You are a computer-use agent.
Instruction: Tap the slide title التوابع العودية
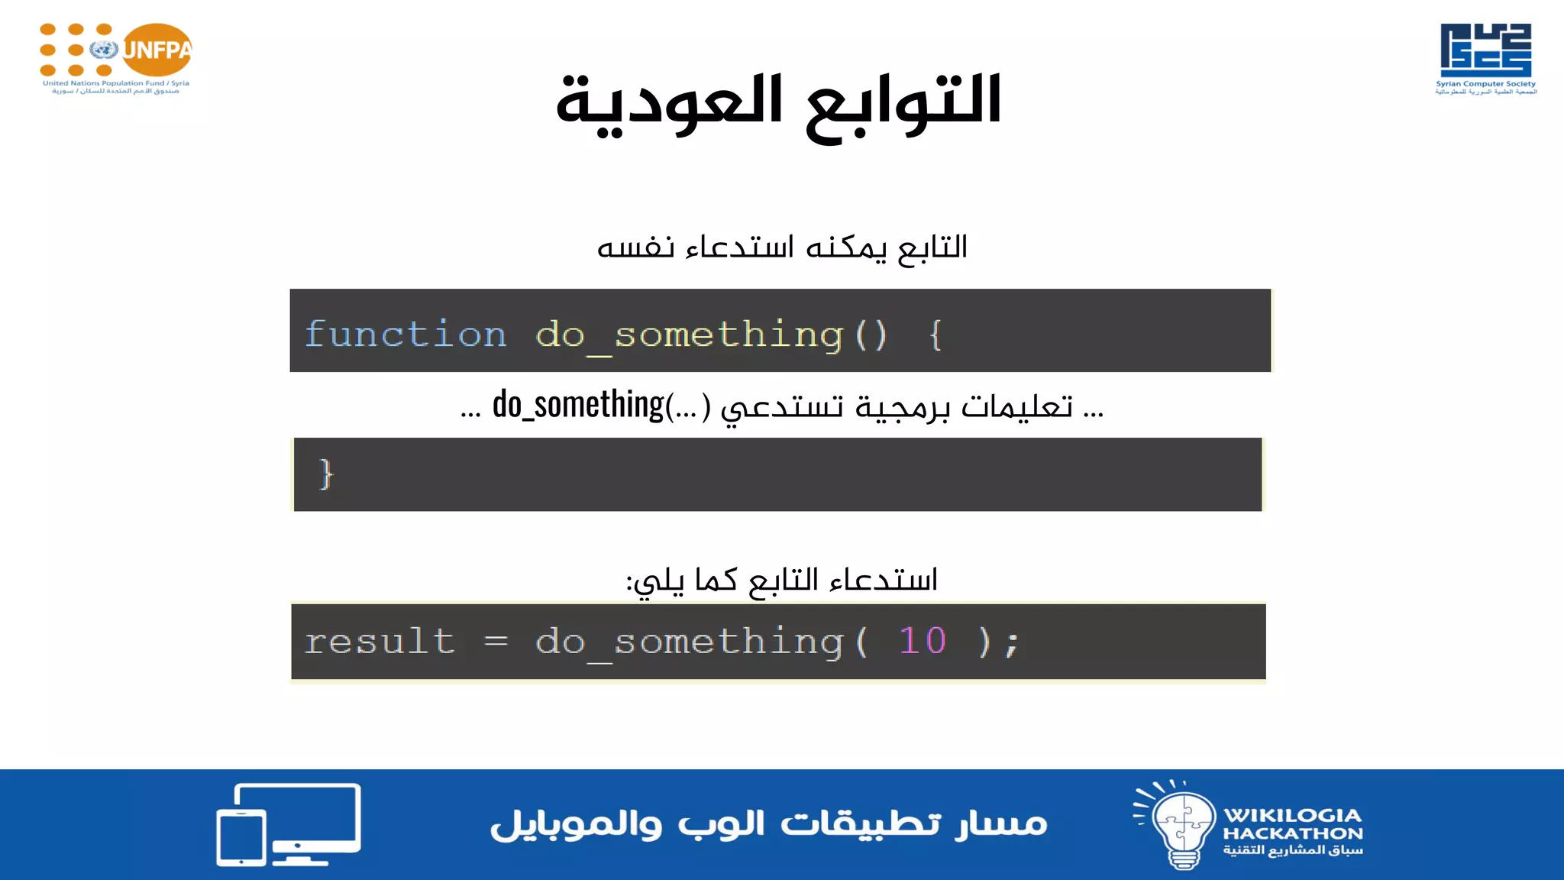pyautogui.click(x=778, y=103)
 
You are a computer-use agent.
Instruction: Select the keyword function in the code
pyautogui.click(x=406, y=335)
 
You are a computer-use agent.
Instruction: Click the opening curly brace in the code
pyautogui.click(x=935, y=335)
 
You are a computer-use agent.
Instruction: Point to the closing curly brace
pyautogui.click(x=326, y=474)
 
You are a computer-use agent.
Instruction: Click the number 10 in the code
pyautogui.click(x=923, y=640)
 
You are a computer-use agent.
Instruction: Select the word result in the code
pyautogui.click(x=380, y=641)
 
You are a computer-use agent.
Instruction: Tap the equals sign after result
pyautogui.click(x=496, y=641)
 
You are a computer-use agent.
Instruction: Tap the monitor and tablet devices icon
pyautogui.click(x=289, y=824)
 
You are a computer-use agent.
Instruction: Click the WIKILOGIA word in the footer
pyautogui.click(x=1292, y=815)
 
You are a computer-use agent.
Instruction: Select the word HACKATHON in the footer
pyautogui.click(x=1292, y=833)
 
